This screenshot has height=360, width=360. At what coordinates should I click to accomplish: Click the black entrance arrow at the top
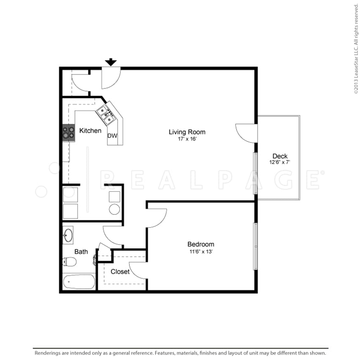coord(111,62)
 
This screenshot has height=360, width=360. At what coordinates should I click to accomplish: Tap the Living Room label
coord(187,132)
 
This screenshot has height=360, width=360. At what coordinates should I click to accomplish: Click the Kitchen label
coord(91,131)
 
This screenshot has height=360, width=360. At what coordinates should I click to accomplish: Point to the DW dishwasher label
coord(112,136)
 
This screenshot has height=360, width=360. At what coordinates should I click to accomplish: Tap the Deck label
coord(280,156)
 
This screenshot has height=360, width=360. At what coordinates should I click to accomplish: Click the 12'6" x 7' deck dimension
coord(280,162)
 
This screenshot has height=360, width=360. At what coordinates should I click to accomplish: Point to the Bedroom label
coord(201,244)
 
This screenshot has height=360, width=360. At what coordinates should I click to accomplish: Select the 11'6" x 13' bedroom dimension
coord(201,251)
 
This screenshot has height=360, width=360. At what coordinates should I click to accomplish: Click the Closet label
coord(120,272)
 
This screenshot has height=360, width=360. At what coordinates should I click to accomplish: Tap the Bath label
coord(81,252)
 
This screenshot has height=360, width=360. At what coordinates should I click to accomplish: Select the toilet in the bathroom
coord(69,262)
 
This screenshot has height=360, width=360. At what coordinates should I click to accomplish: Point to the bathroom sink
coord(69,235)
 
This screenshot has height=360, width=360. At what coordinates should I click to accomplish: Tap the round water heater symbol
coord(115,209)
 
